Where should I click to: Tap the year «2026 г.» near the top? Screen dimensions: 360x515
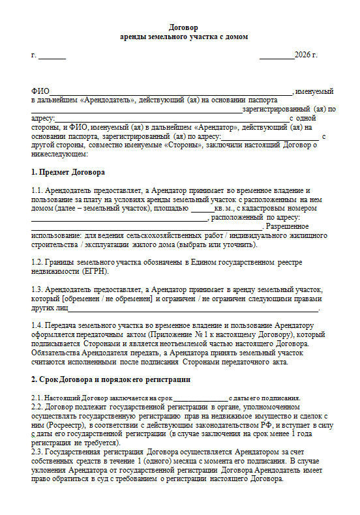[305, 55]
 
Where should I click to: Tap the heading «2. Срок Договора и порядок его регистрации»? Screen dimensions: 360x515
[111, 379]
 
